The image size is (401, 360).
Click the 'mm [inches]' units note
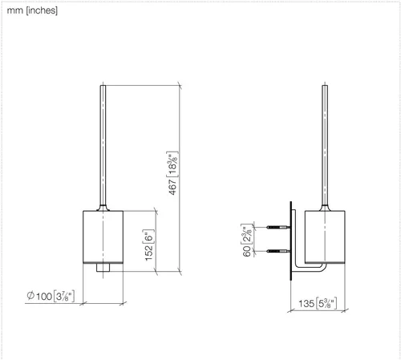32,10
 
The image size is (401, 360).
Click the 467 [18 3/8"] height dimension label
172,173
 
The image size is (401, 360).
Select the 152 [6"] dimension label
148,245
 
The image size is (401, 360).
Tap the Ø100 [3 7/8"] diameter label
51,296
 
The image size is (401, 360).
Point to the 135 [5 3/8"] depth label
318,303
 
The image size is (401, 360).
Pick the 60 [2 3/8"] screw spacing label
247,240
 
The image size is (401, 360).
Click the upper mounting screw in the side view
278,227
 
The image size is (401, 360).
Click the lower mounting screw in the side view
278,251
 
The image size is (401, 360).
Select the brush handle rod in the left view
103,145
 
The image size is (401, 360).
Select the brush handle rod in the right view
325,145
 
